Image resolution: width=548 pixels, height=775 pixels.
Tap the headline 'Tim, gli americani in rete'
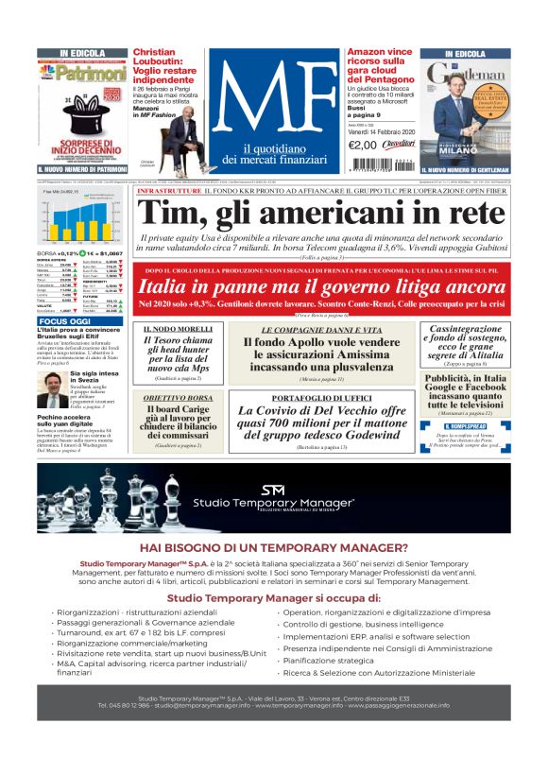point(321,214)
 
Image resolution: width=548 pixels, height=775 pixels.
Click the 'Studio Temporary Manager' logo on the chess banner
point(273,498)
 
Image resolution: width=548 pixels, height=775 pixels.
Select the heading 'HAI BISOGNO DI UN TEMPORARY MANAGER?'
point(273,547)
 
